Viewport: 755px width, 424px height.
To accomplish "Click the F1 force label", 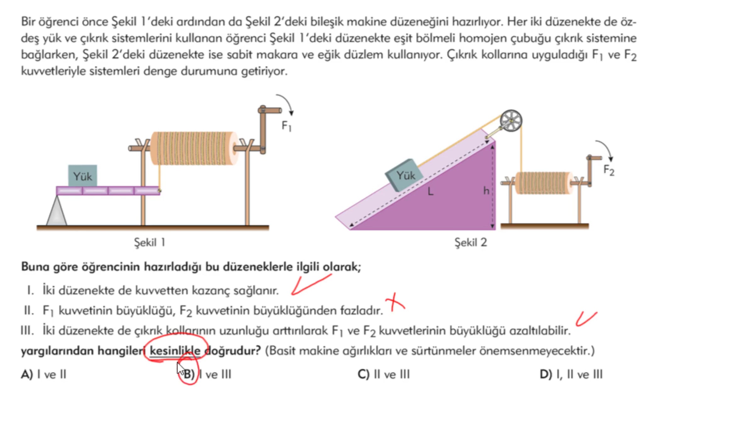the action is coord(286,126).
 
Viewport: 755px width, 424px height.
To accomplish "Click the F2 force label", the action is coord(609,171).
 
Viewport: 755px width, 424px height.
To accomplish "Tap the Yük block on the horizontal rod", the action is coord(83,176).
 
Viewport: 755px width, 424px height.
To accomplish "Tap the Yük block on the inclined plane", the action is coord(405,175).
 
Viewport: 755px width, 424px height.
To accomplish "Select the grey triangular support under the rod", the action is coord(57,210).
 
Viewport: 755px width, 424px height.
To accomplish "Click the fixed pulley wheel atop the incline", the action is coord(511,121).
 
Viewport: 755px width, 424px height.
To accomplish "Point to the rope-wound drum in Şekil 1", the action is coord(194,148).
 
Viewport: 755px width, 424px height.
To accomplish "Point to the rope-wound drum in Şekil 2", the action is coord(544,183).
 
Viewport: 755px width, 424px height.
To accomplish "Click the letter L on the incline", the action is coord(430,191).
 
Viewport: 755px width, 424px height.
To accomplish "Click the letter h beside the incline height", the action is coord(486,190).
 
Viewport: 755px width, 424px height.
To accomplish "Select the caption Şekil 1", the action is coord(149,242).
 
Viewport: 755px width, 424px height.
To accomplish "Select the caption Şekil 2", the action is coord(471,242).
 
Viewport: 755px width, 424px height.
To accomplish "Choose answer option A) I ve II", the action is coord(44,374).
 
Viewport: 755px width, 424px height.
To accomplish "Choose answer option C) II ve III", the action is coord(384,374).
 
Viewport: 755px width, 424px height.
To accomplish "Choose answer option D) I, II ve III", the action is coord(571,374).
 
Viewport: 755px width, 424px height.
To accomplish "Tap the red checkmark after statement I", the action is coord(311,285).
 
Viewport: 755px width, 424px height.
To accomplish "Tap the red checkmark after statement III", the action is coord(586,319).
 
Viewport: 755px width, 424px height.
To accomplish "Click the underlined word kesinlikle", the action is coord(175,351).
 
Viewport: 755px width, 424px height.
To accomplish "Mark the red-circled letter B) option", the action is coord(189,374).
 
